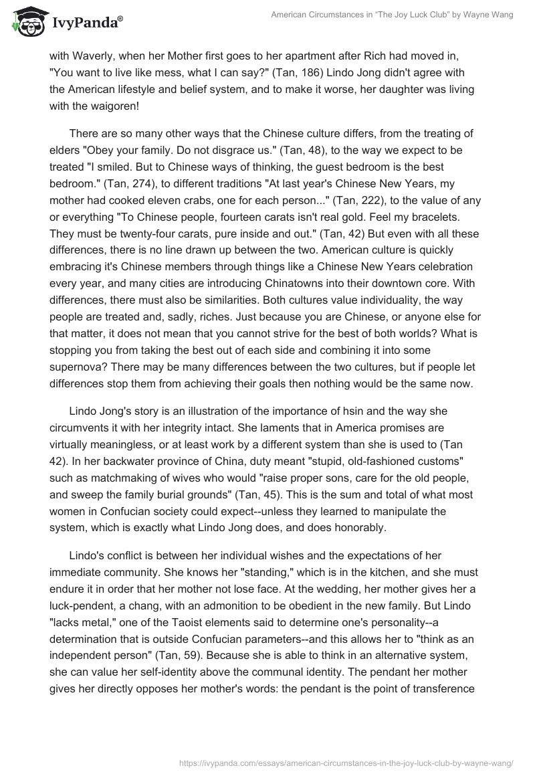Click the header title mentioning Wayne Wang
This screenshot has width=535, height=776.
coord(392,15)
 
